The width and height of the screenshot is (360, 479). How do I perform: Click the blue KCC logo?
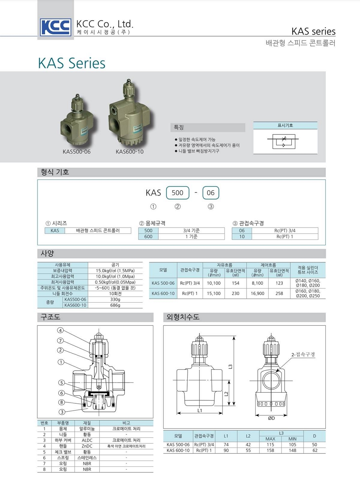55,27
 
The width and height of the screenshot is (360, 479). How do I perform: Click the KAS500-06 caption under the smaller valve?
77,152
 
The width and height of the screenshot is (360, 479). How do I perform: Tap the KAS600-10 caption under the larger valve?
130,152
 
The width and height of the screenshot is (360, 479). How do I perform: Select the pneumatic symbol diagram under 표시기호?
283,142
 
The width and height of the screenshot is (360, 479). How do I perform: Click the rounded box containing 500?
177,193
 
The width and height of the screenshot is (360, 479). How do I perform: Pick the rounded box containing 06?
211,193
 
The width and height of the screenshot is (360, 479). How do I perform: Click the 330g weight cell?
115,299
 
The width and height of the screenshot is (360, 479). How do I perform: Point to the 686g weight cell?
115,305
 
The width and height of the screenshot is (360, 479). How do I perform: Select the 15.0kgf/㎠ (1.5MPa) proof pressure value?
115,270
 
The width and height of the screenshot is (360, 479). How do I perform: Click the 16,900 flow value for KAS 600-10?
257,294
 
